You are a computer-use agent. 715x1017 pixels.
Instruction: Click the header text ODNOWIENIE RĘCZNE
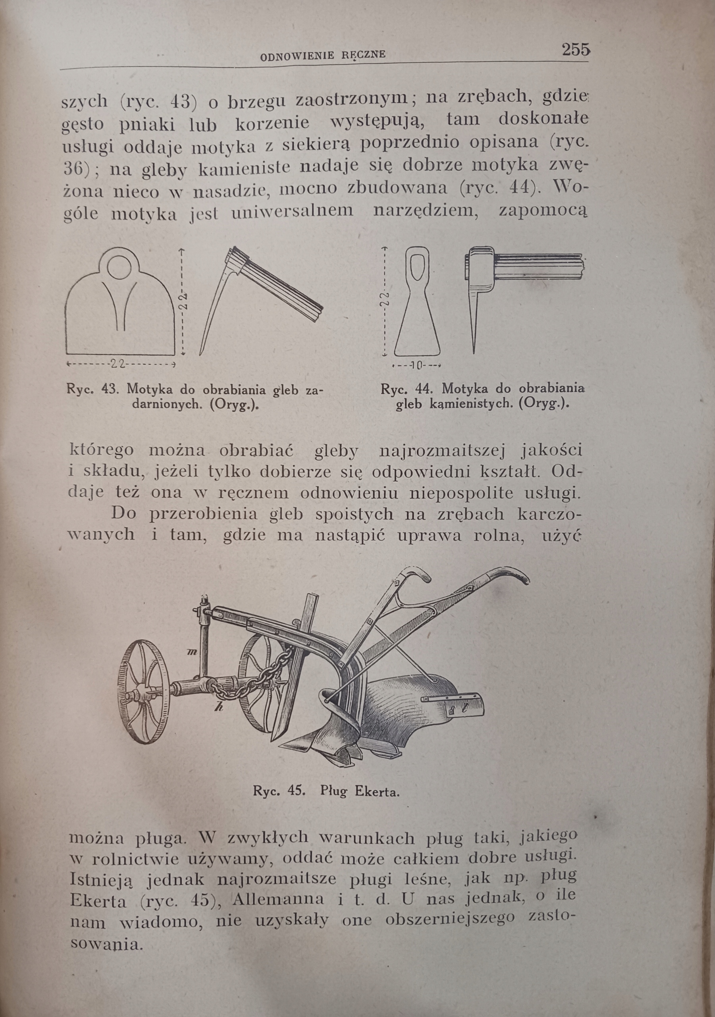coord(323,55)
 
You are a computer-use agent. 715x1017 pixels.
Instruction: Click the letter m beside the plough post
coord(191,652)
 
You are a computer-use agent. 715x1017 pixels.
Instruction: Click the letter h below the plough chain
coord(218,708)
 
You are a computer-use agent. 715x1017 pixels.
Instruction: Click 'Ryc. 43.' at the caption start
coord(91,390)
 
